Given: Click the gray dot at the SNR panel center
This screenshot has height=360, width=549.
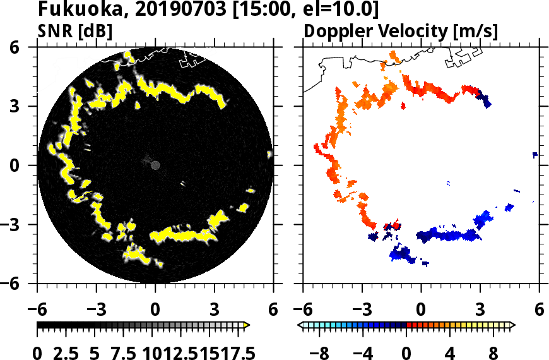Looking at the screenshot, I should click(155, 165).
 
